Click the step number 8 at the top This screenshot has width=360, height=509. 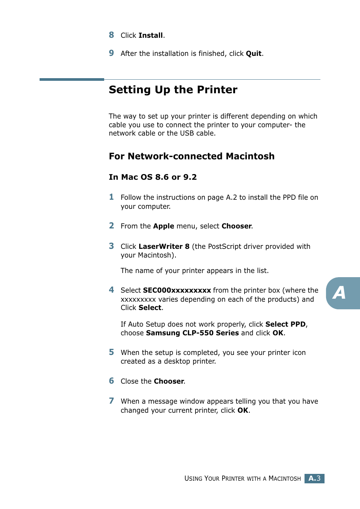tap(111, 35)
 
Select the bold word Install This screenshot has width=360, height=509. tap(151, 35)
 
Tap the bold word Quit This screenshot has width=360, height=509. tap(254, 54)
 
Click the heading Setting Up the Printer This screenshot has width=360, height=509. tap(173, 90)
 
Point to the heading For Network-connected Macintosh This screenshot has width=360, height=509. tap(191, 156)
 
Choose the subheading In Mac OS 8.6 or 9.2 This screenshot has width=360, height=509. tap(152, 177)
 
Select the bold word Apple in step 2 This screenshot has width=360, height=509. tap(163, 226)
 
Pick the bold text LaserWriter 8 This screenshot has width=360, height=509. tap(164, 247)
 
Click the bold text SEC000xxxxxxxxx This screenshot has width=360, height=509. tap(177, 290)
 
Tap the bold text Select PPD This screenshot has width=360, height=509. tap(285, 324)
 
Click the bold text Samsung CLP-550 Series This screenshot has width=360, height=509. tap(192, 333)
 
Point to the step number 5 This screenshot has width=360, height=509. tap(111, 352)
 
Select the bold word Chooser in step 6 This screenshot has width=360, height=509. tap(169, 381)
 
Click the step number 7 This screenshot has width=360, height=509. tap(111, 401)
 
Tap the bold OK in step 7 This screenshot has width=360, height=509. tap(243, 410)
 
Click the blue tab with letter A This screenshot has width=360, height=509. tap(341, 293)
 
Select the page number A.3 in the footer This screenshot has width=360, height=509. tap(314, 478)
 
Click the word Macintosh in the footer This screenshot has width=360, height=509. tap(284, 479)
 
